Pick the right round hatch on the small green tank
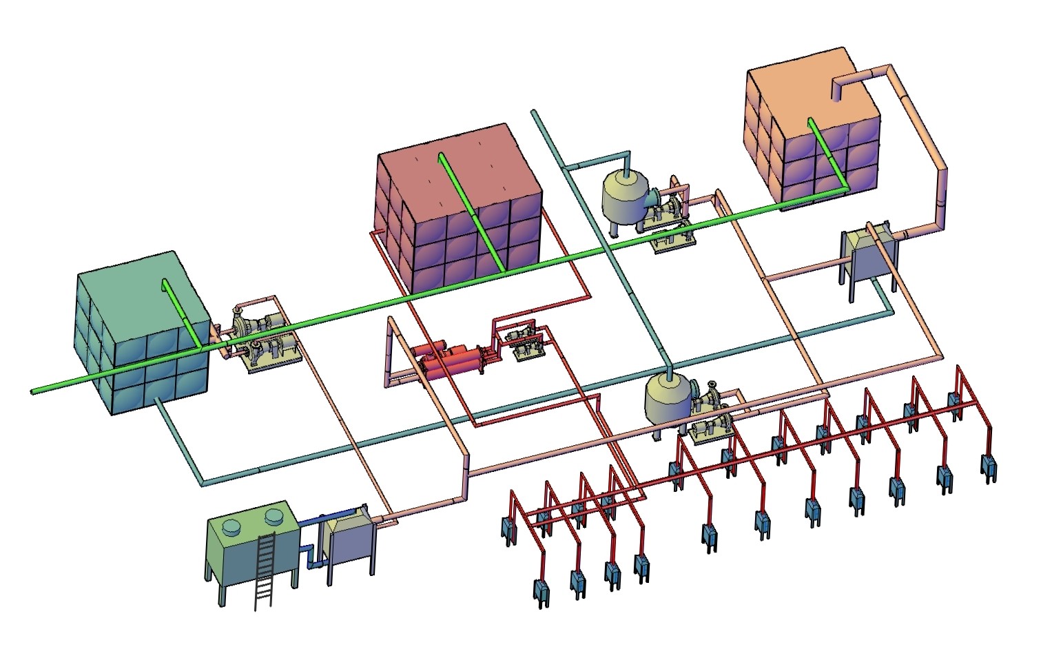click(x=274, y=515)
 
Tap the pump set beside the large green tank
click(x=262, y=338)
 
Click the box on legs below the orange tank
click(x=869, y=256)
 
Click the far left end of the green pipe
click(x=34, y=392)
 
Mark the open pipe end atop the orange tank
click(x=838, y=92)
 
